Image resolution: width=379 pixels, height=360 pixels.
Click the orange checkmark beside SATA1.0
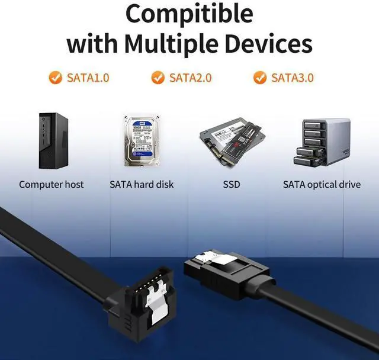(x=55, y=78)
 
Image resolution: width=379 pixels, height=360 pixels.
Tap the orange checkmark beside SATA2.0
(x=158, y=78)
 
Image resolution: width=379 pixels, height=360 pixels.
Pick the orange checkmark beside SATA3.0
(x=259, y=78)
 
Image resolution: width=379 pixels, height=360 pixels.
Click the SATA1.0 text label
(x=88, y=78)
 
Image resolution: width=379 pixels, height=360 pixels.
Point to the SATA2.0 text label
(x=190, y=78)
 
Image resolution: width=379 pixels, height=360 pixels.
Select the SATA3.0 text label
(x=292, y=78)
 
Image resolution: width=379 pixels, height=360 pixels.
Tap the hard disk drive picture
(x=141, y=142)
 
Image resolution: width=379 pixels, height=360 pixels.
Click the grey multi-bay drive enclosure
(x=320, y=142)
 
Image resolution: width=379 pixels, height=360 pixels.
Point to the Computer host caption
(x=52, y=184)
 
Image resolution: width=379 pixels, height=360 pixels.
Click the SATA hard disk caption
(x=142, y=184)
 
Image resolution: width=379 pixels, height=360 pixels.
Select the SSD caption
(x=232, y=184)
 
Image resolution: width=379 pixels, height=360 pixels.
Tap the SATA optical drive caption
(x=322, y=184)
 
